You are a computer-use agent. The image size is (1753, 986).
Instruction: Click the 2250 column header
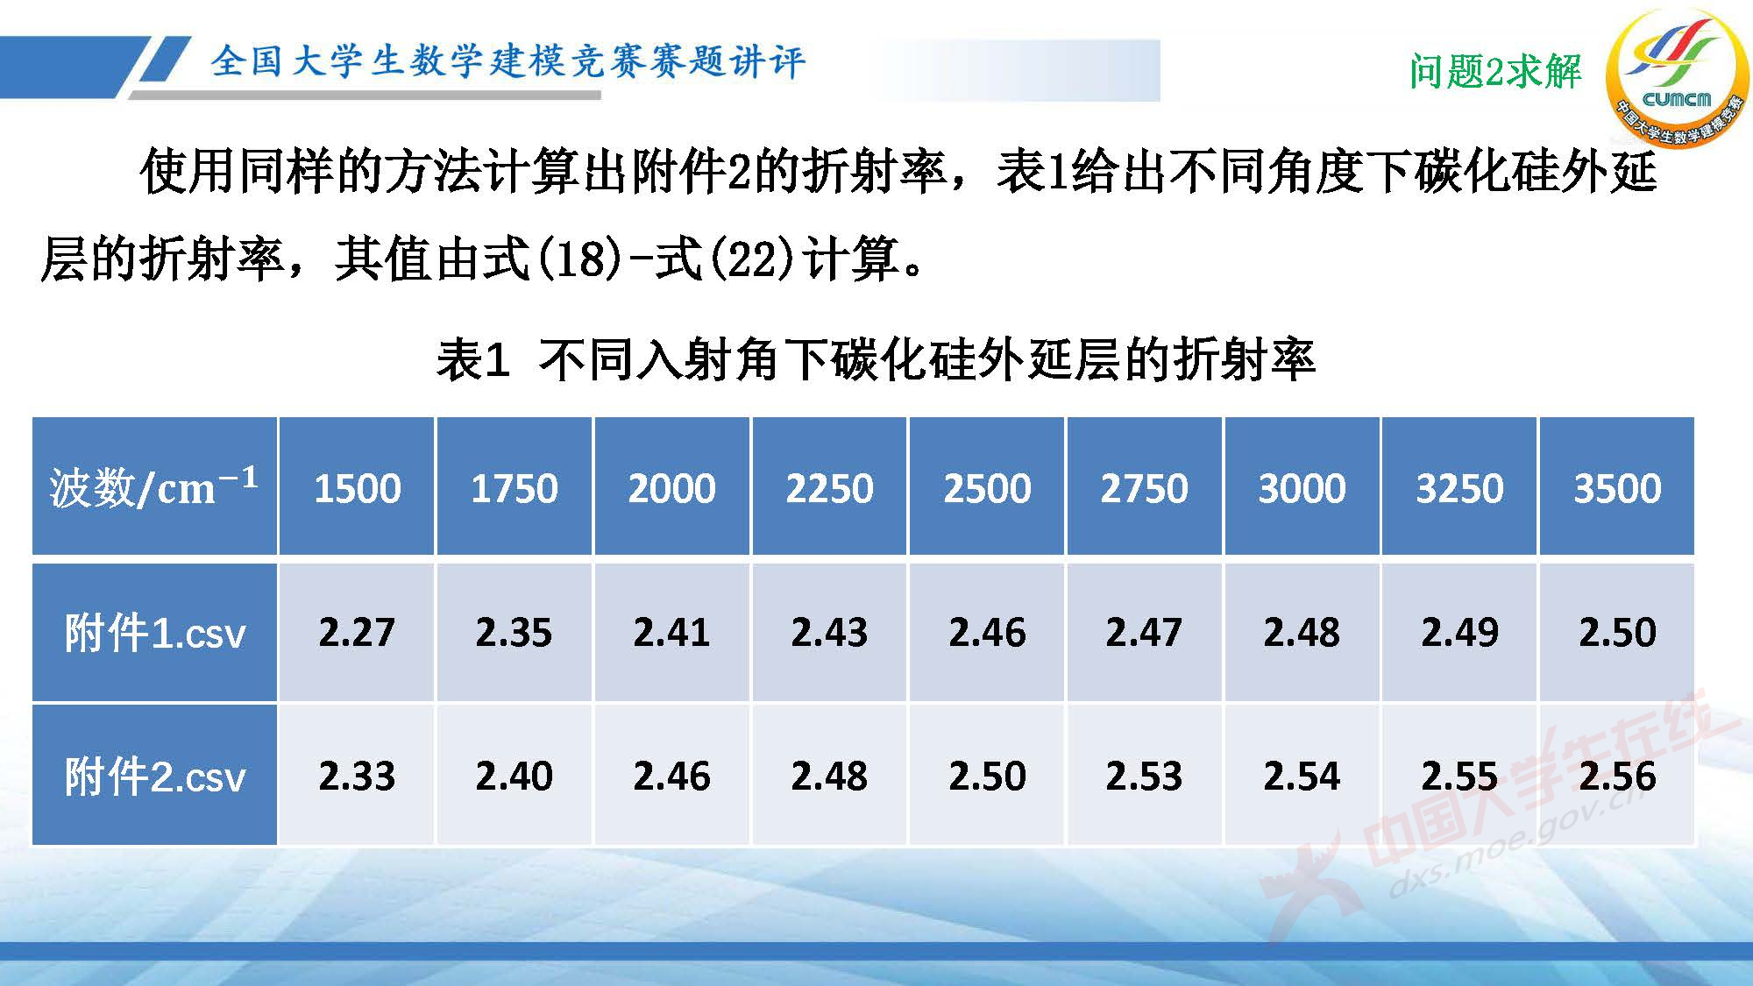tap(829, 488)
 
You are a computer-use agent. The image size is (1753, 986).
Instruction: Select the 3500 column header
tap(1617, 488)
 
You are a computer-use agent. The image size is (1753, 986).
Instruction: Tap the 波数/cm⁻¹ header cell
tap(154, 487)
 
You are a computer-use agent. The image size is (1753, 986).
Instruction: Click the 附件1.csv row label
tap(154, 633)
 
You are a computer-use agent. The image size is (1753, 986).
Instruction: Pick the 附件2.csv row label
tap(154, 777)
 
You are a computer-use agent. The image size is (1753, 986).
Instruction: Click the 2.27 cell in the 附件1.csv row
tap(357, 633)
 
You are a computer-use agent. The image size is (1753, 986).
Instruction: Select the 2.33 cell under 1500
tap(357, 777)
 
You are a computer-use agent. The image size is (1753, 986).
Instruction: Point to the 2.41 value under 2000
tap(671, 633)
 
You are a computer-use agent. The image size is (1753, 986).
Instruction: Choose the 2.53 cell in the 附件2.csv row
tap(1144, 777)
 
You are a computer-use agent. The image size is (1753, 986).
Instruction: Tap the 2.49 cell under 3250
tap(1459, 633)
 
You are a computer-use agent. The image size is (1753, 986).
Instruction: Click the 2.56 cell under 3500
tap(1617, 777)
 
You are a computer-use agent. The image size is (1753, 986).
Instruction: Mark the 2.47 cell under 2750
tap(1144, 633)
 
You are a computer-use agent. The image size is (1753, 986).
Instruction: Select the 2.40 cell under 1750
tap(514, 777)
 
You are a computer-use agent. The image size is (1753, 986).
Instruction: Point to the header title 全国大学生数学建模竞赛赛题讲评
tap(507, 61)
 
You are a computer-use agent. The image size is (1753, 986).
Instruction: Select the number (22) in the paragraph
tap(750, 259)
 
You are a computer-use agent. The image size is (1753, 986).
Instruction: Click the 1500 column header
tap(357, 488)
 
